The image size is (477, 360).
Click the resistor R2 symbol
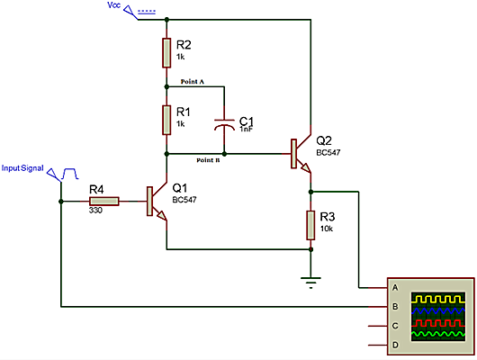coord(166,52)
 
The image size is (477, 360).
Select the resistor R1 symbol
coord(166,118)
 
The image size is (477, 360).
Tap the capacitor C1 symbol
coord(224,124)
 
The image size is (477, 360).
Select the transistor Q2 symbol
coord(300,154)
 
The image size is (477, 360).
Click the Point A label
coord(193,81)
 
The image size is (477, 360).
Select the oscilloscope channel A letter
coord(392,288)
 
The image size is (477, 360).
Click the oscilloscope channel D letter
coord(392,346)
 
